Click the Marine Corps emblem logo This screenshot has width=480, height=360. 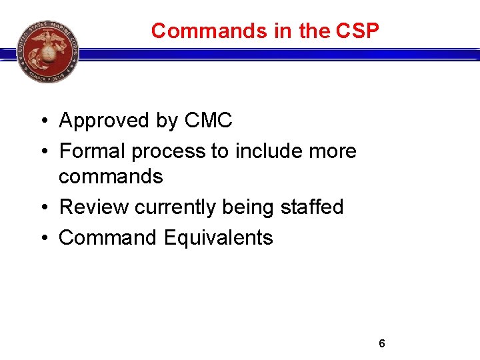(47, 51)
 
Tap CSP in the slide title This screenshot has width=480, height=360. (359, 31)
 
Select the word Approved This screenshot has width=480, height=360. (104, 121)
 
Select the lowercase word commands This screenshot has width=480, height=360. (111, 177)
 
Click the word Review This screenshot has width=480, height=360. (94, 207)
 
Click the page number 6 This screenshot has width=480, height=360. (382, 343)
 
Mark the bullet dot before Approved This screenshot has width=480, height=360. (42, 121)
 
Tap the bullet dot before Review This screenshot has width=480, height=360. (42, 208)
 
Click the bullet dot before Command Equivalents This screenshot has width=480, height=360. (42, 238)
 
